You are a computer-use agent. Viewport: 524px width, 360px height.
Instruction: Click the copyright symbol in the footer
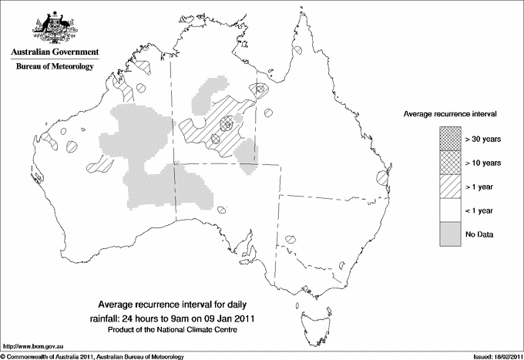point(4,356)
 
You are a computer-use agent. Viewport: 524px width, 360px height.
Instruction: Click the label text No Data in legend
point(479,234)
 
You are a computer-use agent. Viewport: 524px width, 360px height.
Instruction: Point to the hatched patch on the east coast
point(381,178)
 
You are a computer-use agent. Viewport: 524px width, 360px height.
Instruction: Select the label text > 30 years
point(483,140)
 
